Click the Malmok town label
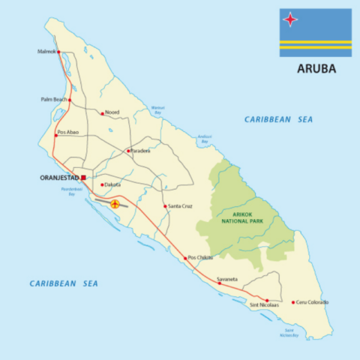pyautogui.click(x=46, y=52)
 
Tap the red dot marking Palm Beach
pyautogui.click(x=70, y=99)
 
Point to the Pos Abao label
pyautogui.click(x=68, y=133)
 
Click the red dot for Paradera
pyautogui.click(x=128, y=151)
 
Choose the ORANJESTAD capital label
pyautogui.click(x=58, y=177)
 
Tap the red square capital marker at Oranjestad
pyautogui.click(x=83, y=177)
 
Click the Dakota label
pyautogui.click(x=112, y=184)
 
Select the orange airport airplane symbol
pyautogui.click(x=115, y=202)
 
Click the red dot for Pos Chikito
pyautogui.click(x=185, y=258)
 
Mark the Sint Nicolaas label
pyautogui.click(x=264, y=305)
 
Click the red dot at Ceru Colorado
pyautogui.click(x=293, y=302)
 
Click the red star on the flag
pyautogui.click(x=289, y=20)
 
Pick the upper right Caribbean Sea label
pyautogui.click(x=278, y=119)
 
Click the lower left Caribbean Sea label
pyautogui.click(x=64, y=283)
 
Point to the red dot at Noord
pyautogui.click(x=102, y=113)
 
